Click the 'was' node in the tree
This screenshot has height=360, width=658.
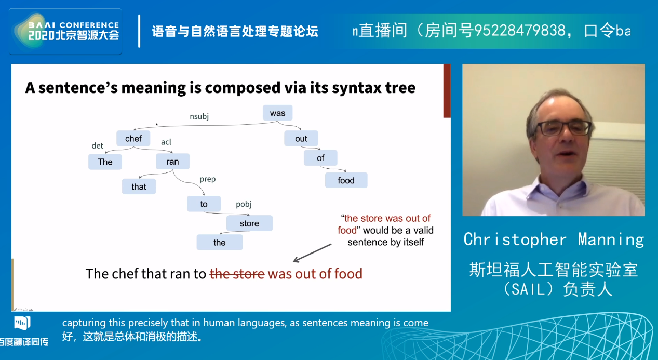[277, 113]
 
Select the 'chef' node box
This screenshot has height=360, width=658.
[133, 138]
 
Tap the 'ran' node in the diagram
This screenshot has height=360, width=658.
[173, 162]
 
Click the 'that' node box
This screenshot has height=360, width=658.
[139, 186]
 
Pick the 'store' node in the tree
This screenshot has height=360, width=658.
[249, 223]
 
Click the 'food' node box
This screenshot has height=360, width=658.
[346, 180]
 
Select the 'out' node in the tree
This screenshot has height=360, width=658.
[301, 138]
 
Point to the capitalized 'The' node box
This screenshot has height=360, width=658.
[105, 162]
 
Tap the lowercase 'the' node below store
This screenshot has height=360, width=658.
[220, 243]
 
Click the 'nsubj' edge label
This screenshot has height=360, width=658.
[199, 117]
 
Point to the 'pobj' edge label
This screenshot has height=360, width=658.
[244, 204]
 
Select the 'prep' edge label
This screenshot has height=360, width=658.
[207, 179]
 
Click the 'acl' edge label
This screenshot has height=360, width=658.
[166, 142]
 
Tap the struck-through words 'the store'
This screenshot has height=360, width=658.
[237, 274]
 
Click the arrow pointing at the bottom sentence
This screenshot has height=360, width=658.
[312, 253]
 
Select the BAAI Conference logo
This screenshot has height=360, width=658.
[65, 32]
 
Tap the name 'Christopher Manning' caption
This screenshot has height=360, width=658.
[554, 239]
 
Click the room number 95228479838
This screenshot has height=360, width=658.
[520, 31]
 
